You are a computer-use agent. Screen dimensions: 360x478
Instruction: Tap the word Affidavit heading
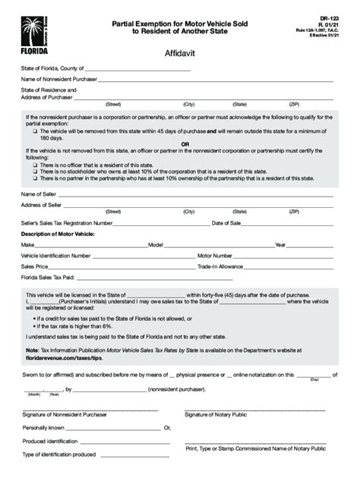pyautogui.click(x=179, y=55)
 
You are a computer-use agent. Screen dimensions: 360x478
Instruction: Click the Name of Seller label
pyautogui.click(x=39, y=195)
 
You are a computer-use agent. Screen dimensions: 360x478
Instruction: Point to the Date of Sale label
pyautogui.click(x=226, y=224)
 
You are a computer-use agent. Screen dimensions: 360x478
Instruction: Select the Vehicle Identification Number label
pyautogui.click(x=56, y=256)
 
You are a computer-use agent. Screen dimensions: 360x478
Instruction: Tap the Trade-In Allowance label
pyautogui.click(x=220, y=267)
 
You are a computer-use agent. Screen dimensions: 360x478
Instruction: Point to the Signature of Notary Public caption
pyautogui.click(x=217, y=414)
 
